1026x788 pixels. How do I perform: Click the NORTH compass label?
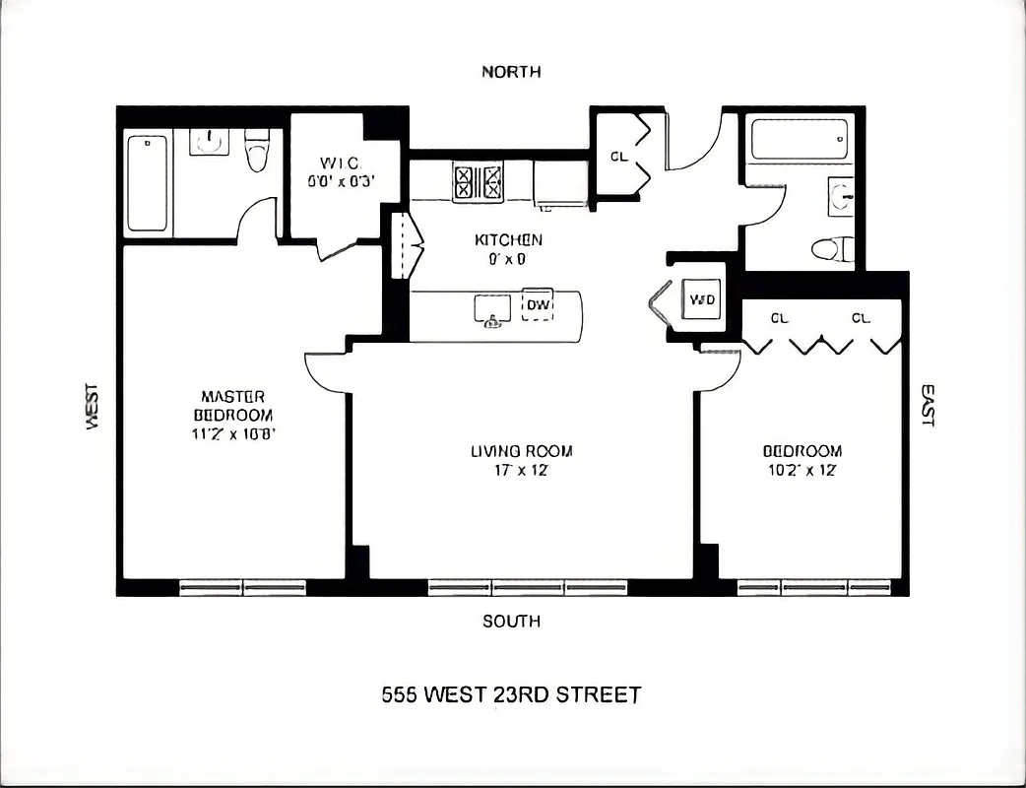point(511,72)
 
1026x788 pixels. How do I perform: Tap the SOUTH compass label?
point(511,622)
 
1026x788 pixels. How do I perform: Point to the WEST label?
point(93,406)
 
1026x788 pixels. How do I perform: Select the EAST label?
point(928,405)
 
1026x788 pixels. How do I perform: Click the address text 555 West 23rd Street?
point(511,694)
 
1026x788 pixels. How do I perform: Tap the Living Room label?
point(521,452)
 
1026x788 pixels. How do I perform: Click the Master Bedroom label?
point(232,406)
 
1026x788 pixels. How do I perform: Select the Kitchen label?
point(508,240)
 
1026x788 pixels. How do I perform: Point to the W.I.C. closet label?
point(339,163)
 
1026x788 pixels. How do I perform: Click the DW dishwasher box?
point(537,305)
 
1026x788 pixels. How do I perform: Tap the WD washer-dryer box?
point(702,299)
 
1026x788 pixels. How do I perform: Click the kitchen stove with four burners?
point(478,182)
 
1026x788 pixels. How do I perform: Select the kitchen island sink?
point(491,310)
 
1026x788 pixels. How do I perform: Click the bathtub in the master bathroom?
point(147,184)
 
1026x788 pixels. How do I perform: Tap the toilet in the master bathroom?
point(257,151)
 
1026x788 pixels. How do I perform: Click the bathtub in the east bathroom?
point(799,141)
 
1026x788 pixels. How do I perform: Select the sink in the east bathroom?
point(841,195)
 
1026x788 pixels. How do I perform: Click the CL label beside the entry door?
point(618,157)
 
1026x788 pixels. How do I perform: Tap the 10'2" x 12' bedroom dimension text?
point(802,470)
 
